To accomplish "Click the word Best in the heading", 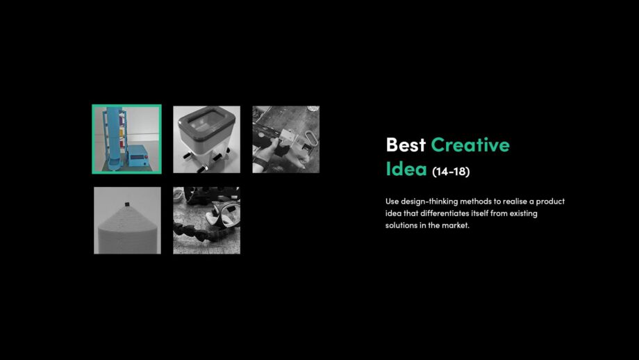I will point(406,145).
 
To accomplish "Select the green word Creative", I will point(470,145).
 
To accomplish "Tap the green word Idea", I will point(406,169).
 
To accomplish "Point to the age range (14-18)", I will point(450,171).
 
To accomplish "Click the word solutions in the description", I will point(402,226).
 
